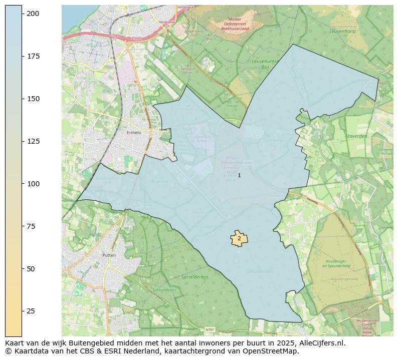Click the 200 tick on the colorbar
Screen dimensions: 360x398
pos(23,14)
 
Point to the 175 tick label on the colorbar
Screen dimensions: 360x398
pos(33,56)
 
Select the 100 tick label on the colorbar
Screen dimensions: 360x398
pos(33,184)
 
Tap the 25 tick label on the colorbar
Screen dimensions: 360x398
pos(31,311)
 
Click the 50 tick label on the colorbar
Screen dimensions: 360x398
pos(31,269)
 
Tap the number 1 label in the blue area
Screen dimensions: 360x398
pos(239,175)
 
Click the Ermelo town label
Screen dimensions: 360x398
pos(134,133)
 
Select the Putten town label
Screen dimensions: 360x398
pos(109,255)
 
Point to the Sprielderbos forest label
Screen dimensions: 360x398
pos(195,276)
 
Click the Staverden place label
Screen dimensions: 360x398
pos(356,136)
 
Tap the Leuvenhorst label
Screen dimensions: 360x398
pos(342,31)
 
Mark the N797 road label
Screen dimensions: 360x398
pos(210,329)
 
